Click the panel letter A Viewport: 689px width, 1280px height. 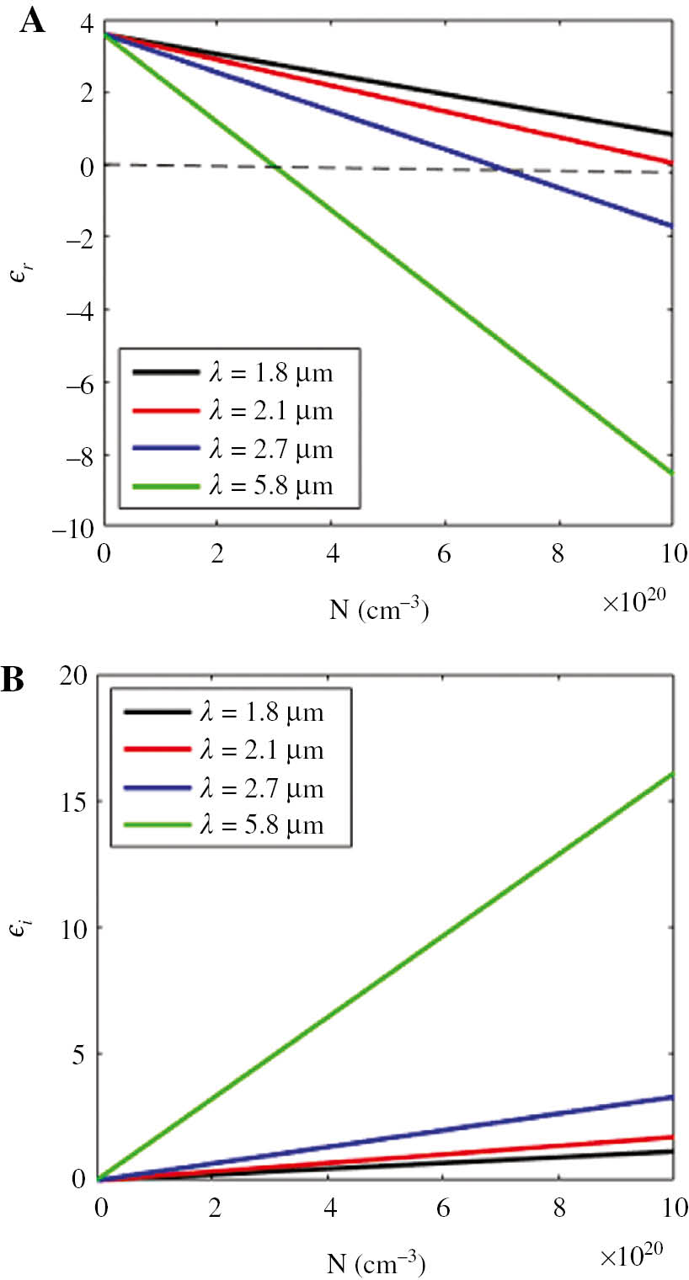click(x=33, y=20)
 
